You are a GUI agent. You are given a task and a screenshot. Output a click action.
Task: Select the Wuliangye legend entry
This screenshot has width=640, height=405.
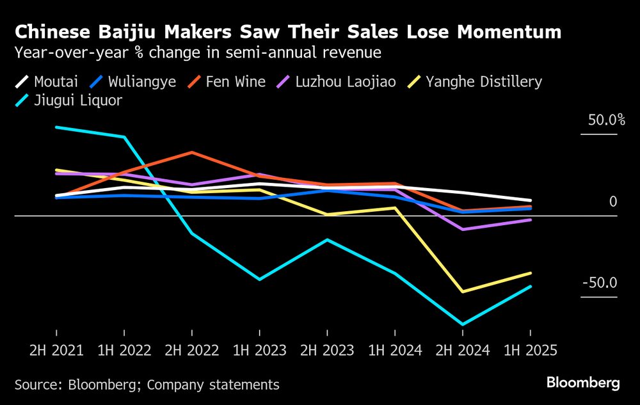click(133, 82)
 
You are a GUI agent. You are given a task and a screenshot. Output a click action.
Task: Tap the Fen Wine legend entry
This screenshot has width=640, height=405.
click(227, 82)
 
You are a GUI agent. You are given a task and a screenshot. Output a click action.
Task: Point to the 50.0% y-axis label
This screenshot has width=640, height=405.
click(600, 120)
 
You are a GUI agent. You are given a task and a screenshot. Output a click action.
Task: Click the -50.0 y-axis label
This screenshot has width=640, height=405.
click(600, 283)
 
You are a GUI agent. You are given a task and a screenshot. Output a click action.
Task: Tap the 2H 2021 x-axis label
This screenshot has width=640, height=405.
click(56, 351)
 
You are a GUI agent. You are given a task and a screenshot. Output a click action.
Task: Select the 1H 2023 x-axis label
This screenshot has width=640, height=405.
click(259, 351)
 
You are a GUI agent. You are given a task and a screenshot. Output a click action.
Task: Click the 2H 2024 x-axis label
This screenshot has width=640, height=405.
click(462, 351)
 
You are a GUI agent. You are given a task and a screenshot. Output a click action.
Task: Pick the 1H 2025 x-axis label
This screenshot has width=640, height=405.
click(530, 351)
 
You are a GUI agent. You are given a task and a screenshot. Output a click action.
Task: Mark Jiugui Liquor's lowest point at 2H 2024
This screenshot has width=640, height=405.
click(462, 324)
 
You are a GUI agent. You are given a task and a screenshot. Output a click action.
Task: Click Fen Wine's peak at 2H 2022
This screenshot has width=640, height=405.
click(191, 152)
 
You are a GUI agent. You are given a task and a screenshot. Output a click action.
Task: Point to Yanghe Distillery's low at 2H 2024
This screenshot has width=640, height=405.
click(462, 292)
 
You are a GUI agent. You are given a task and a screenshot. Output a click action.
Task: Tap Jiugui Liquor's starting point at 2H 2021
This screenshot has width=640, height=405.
click(56, 127)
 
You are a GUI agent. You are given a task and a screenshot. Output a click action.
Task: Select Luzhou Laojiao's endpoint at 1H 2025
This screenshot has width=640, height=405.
click(530, 219)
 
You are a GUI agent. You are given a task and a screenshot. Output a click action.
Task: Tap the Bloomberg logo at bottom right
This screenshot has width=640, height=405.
click(583, 383)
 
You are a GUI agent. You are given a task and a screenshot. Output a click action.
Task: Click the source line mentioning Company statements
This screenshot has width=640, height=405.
click(147, 385)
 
